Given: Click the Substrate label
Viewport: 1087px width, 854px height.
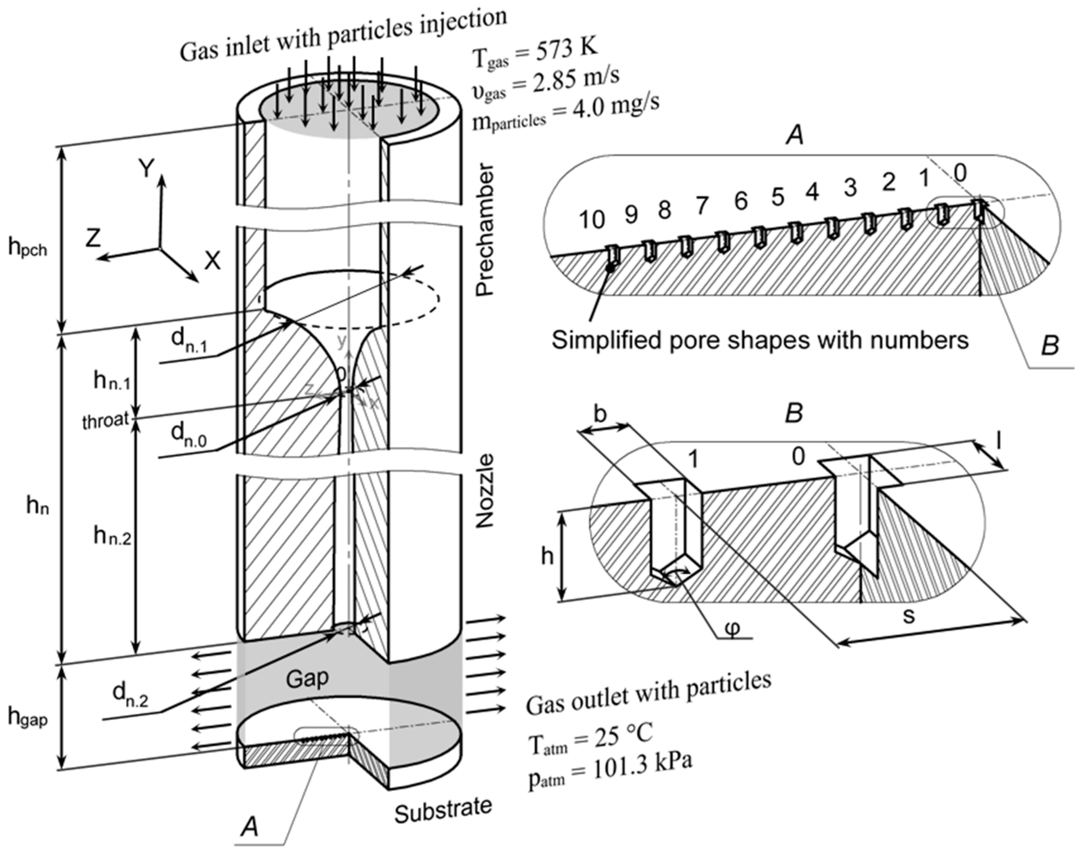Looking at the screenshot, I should pyautogui.click(x=443, y=809).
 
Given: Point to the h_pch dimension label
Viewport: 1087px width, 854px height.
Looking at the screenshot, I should pyautogui.click(x=28, y=247).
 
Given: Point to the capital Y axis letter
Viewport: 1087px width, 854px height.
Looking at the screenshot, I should pyautogui.click(x=146, y=169).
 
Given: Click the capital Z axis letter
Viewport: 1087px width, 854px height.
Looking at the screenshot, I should pyautogui.click(x=93, y=239).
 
